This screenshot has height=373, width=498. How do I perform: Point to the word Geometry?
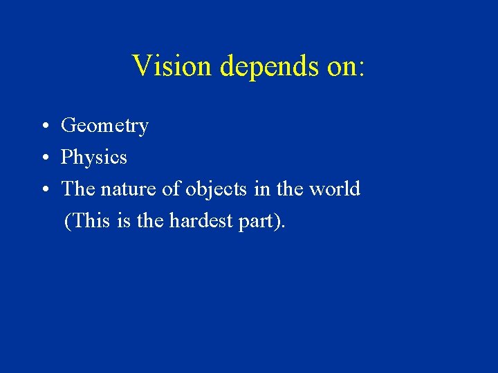(x=104, y=126)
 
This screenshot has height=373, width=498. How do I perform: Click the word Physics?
(x=94, y=158)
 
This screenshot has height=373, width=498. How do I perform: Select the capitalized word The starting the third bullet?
(x=77, y=189)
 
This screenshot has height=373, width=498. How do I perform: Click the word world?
(x=335, y=189)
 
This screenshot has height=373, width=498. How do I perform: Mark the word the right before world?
(x=288, y=189)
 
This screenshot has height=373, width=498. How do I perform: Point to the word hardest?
(x=201, y=221)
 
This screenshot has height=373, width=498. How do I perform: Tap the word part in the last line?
(x=256, y=222)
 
